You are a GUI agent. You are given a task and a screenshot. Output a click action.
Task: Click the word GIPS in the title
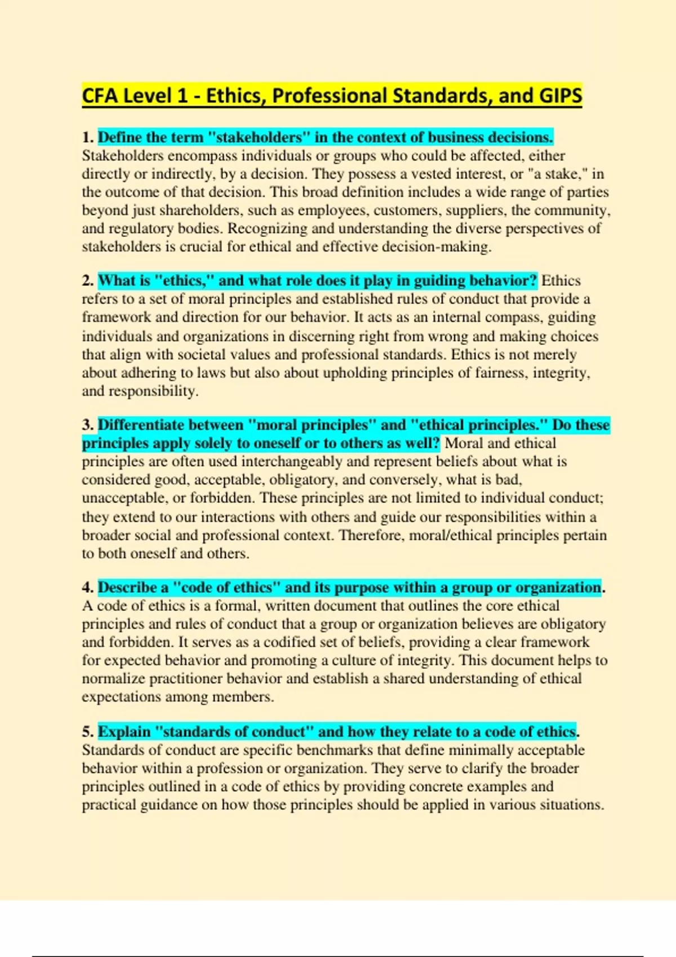pos(560,96)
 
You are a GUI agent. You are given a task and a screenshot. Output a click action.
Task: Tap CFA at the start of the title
pos(100,96)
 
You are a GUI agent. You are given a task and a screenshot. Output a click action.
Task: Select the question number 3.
pos(87,425)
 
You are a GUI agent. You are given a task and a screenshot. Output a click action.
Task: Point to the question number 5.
pos(87,732)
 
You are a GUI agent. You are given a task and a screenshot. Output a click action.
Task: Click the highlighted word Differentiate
pos(143,425)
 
